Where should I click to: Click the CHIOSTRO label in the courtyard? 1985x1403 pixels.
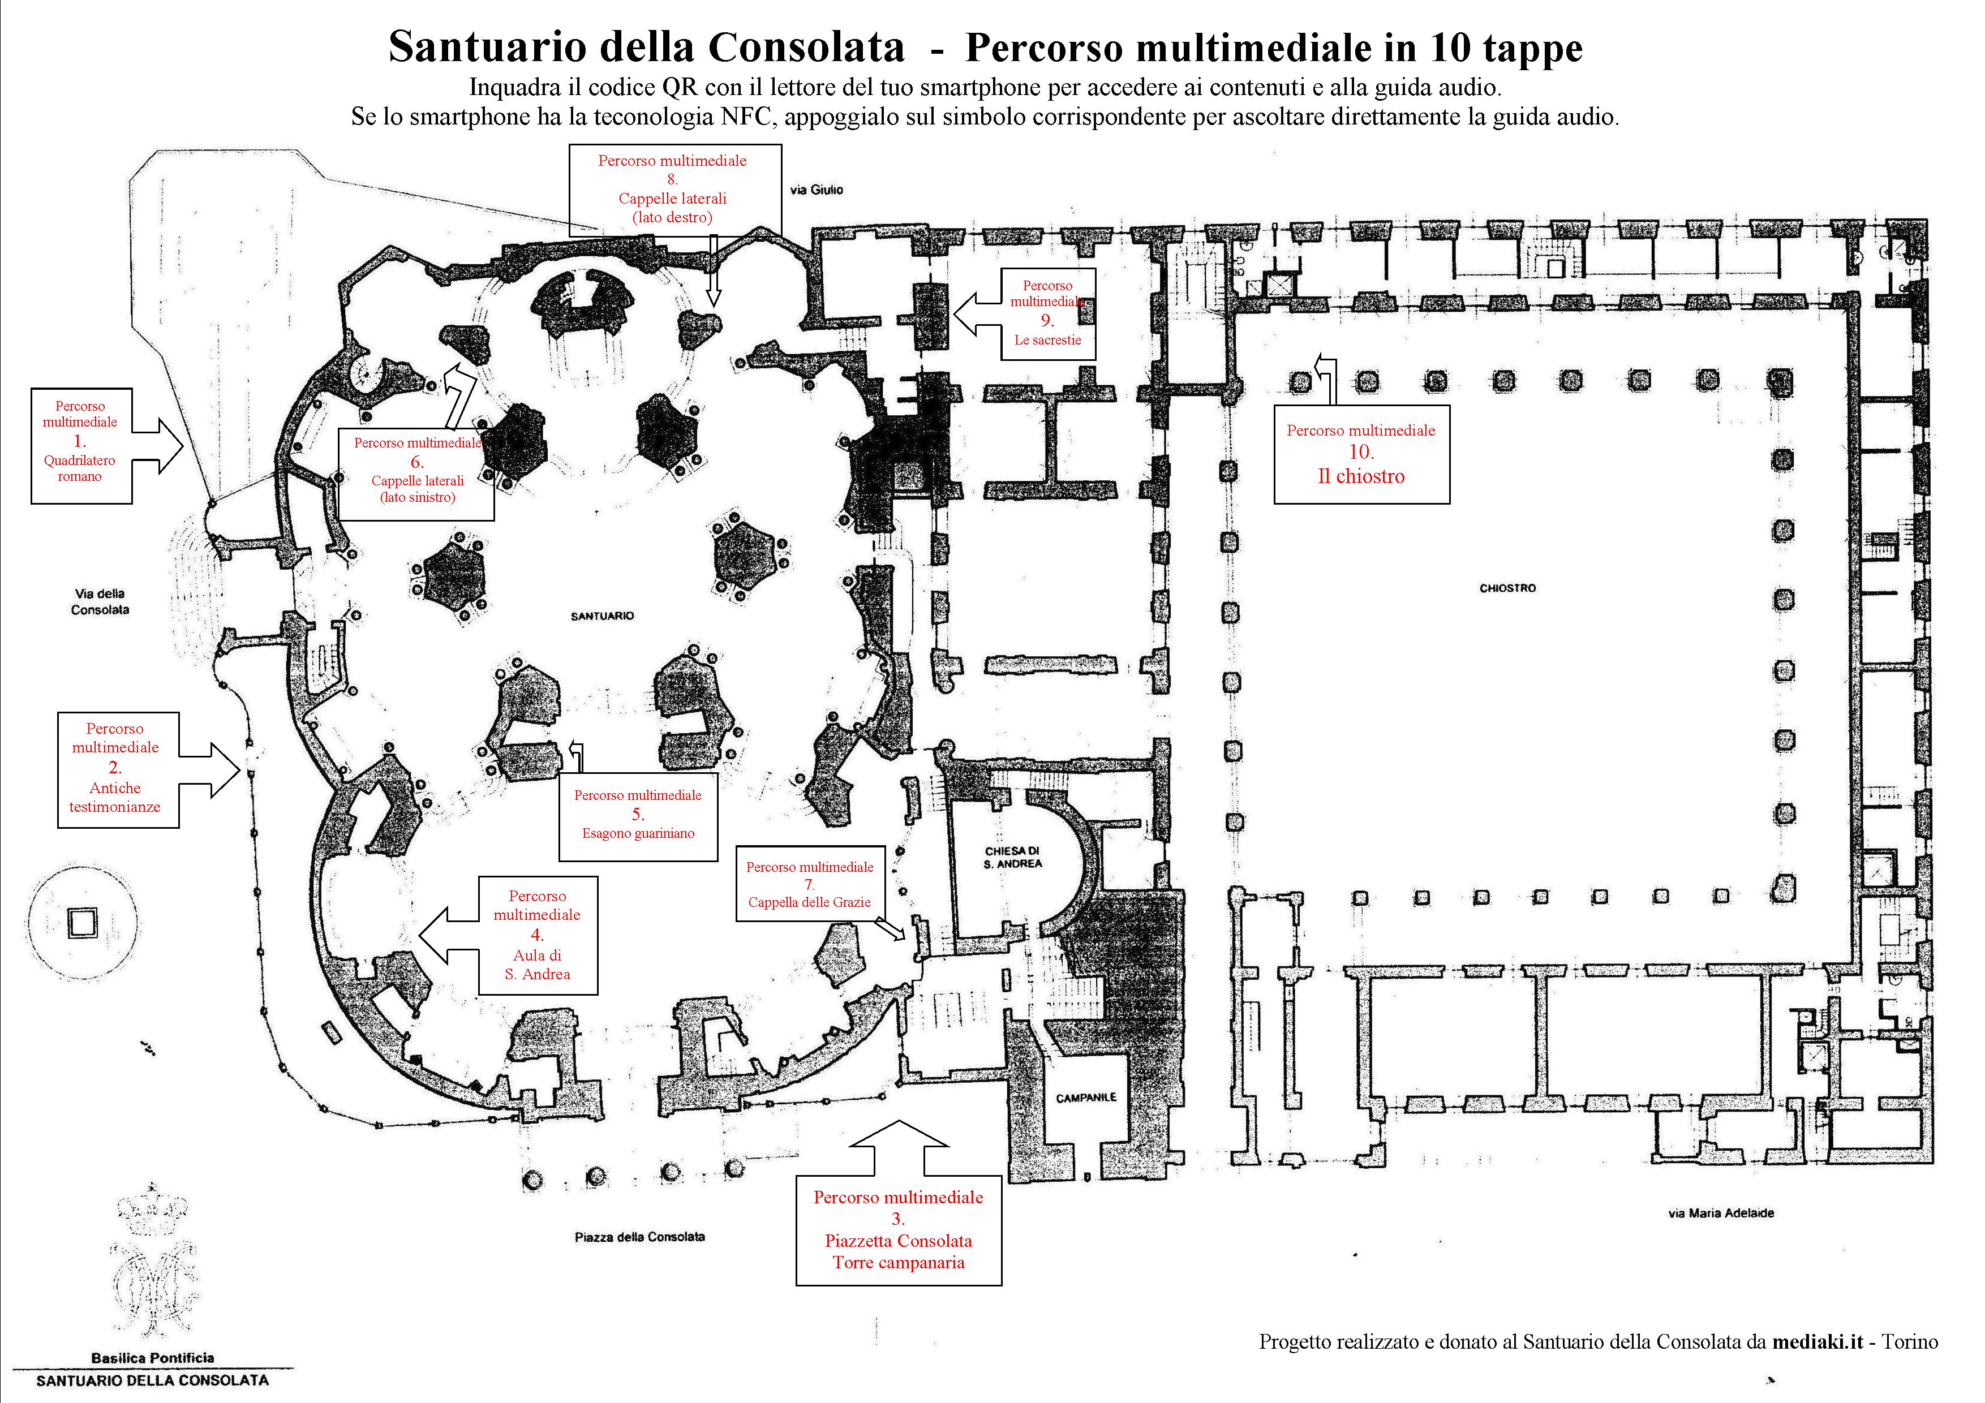click(x=1508, y=588)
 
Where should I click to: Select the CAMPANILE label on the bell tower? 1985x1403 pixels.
click(x=1086, y=1097)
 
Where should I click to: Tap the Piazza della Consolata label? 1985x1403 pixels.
click(x=640, y=1237)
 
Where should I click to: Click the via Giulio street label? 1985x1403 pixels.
click(x=816, y=190)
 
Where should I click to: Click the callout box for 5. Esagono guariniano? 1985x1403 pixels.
click(x=638, y=817)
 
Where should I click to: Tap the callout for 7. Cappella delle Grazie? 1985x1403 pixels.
click(x=810, y=884)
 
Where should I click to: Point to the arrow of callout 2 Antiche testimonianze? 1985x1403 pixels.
click(x=209, y=769)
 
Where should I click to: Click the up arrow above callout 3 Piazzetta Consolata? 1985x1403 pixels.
click(x=899, y=1148)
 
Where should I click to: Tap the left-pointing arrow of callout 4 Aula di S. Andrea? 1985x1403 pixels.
click(x=449, y=935)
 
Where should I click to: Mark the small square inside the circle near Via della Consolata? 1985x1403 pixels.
click(x=83, y=922)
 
